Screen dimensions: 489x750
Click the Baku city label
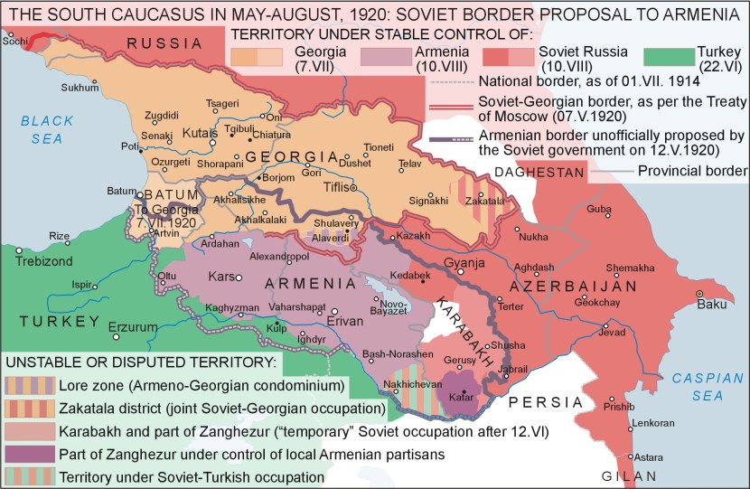click(711, 304)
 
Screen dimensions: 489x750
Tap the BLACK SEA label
click(40, 129)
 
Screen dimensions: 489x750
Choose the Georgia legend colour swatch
click(258, 56)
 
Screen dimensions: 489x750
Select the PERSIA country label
click(544, 402)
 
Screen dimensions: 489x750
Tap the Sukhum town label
click(79, 88)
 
